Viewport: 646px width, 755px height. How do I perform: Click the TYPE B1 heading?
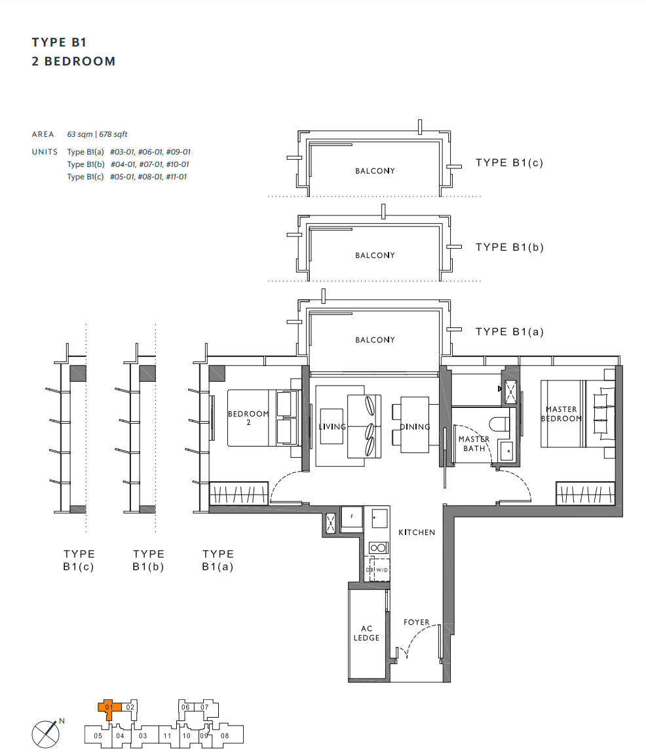click(x=59, y=43)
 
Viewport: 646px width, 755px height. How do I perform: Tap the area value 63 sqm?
click(x=79, y=134)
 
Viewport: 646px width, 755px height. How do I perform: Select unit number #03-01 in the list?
click(x=123, y=152)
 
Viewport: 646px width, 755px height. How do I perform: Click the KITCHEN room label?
click(x=417, y=532)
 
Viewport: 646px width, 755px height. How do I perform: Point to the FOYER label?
click(x=416, y=622)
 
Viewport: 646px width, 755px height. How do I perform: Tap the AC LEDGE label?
click(x=367, y=633)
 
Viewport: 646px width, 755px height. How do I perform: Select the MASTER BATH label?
click(x=474, y=443)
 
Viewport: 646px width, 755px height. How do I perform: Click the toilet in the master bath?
click(x=499, y=424)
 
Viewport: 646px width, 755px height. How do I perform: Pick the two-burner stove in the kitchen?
click(x=378, y=547)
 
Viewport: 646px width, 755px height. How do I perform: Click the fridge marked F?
click(x=352, y=518)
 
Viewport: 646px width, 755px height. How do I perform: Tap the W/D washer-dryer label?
click(x=381, y=570)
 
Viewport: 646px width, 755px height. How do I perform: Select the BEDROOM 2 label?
click(x=248, y=418)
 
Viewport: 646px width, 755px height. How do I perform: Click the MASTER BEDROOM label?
click(x=561, y=414)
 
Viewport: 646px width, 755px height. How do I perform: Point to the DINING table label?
click(x=415, y=427)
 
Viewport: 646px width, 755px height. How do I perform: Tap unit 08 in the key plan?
click(x=225, y=736)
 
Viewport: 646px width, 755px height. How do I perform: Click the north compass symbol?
click(x=46, y=734)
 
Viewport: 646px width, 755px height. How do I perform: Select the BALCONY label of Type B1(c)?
click(x=375, y=171)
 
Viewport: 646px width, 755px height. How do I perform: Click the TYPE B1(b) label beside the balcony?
click(x=510, y=248)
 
